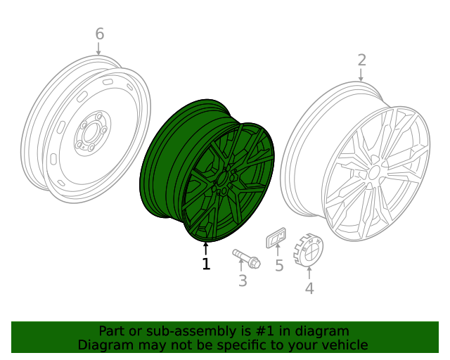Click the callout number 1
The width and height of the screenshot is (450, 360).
206,264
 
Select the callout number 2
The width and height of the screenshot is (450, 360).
361,60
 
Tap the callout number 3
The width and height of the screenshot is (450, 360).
243,281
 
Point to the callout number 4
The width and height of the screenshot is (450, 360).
309,288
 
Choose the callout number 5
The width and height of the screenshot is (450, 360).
278,266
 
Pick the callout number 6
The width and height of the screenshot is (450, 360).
99,34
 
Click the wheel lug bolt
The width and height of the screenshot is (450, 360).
246,257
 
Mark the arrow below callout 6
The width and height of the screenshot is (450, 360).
99,49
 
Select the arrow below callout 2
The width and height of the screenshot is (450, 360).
361,76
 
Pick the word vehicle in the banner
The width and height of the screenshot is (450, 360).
344,345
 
